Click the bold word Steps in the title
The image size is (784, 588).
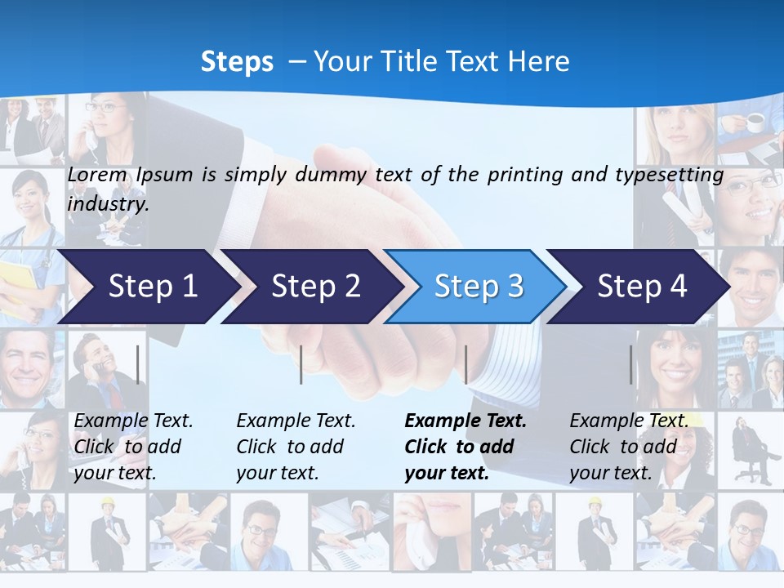[x=237, y=61]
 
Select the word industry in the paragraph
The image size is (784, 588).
[x=107, y=203]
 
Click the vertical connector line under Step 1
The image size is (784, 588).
[x=138, y=364]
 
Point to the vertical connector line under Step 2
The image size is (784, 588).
[x=301, y=364]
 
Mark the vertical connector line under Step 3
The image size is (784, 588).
[x=465, y=364]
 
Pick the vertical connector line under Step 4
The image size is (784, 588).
[x=630, y=364]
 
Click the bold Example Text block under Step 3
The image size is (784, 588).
[x=465, y=447]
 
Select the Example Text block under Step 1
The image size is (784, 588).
[x=133, y=447]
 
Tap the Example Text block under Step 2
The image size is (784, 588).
[x=296, y=447]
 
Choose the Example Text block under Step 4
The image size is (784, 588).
[x=629, y=447]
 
